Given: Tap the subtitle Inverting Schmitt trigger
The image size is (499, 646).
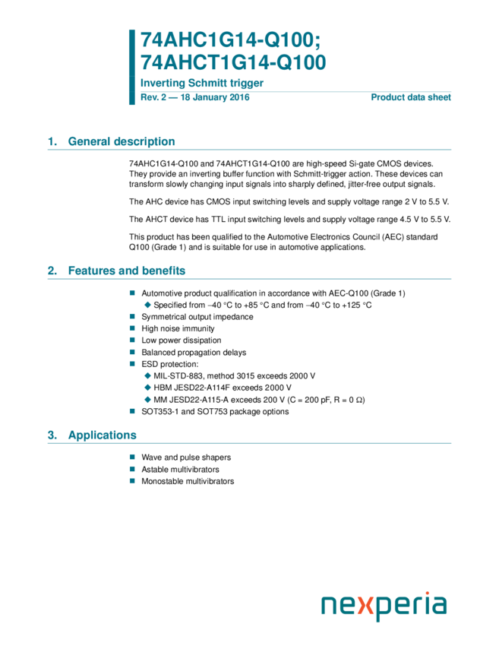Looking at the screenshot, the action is click(201, 83).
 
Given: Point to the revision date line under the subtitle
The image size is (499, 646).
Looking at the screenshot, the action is click(195, 97).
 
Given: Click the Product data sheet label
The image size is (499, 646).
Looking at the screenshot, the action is click(411, 97).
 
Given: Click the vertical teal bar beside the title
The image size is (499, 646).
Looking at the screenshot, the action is click(132, 67).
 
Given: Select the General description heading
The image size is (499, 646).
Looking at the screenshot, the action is click(122, 141).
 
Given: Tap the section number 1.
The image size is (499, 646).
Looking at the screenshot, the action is click(52, 141).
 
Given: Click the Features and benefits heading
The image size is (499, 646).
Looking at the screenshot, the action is click(127, 271).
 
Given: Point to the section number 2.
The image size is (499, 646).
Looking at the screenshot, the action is click(52, 271).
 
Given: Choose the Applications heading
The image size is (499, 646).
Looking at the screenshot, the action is click(103, 435).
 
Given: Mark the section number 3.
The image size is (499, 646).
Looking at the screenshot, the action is click(52, 435).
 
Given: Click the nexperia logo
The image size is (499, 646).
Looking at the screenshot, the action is click(384, 605).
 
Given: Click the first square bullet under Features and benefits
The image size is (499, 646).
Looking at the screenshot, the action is click(132, 293).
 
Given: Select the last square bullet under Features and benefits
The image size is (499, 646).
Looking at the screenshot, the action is click(132, 411).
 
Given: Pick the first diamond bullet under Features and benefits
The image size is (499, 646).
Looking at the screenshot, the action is click(147, 305).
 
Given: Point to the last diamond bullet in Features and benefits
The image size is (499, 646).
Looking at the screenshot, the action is click(147, 399).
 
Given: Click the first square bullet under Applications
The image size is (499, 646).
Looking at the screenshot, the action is click(132, 457).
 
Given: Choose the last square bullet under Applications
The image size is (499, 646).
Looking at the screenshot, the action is click(132, 480).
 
